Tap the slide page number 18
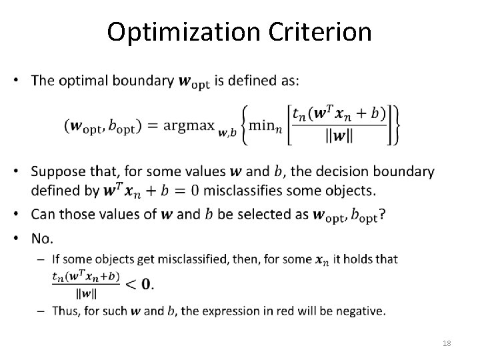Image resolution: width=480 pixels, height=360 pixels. [446, 342]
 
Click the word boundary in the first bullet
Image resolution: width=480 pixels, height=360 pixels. [141, 81]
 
